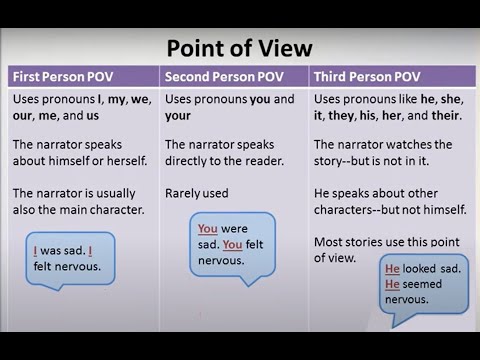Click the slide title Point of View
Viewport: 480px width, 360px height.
pos(239,48)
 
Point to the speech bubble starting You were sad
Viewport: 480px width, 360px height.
pos(230,243)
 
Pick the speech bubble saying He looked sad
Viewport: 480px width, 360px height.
pos(424,283)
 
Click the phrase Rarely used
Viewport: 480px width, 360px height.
pos(196,193)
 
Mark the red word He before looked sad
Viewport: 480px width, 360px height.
pos(392,269)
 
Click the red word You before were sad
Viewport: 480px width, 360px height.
pos(207,228)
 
